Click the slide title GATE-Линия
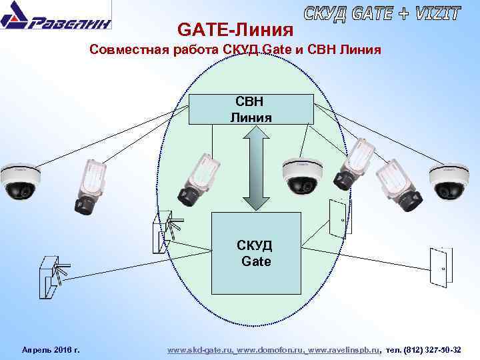235,30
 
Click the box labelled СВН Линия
251,109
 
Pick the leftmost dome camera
20,181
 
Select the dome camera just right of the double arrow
302,177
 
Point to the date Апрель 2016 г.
51,349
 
